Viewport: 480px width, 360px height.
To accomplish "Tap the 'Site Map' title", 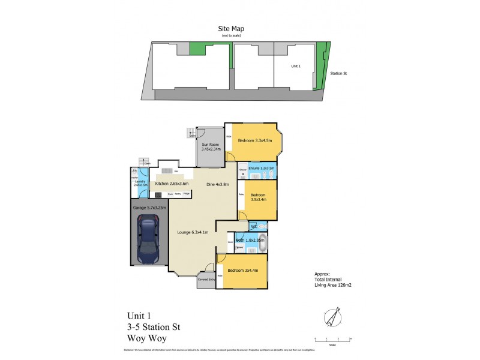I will pos(230,28).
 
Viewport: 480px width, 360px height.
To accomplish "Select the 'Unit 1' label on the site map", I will pos(295,65).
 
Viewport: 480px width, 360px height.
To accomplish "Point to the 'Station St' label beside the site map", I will pos(339,74).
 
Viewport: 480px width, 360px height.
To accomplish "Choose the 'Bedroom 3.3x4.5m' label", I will pos(255,141).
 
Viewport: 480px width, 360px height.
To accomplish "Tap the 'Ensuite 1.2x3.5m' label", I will pos(262,169).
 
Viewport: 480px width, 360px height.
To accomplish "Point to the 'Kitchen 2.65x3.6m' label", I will pos(172,184).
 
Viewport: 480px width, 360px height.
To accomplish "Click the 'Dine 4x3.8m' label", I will pos(218,184).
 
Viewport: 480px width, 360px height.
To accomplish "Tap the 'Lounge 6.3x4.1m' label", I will pos(193,232).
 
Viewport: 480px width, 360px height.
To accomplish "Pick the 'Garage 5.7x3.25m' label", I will pos(149,208).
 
